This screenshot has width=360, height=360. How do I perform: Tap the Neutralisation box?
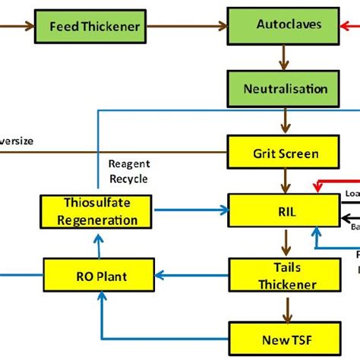coord(284,89)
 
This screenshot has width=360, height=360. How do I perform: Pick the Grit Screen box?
coord(284,153)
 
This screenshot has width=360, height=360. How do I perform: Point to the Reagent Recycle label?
coord(128,171)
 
